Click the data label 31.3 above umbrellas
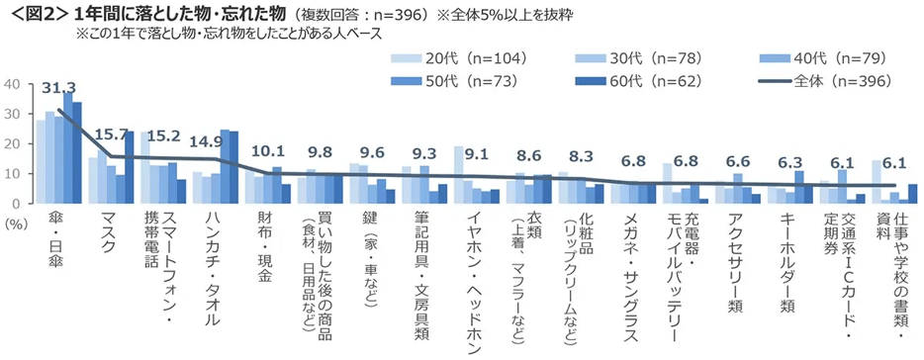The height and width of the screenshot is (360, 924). [59, 90]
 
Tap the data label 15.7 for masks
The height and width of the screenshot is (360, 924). [111, 135]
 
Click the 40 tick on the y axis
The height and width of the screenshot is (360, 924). [12, 85]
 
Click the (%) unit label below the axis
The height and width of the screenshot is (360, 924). [15, 224]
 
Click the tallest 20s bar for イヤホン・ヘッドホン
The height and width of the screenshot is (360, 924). [458, 175]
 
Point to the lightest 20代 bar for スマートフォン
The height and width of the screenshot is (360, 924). [144, 167]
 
